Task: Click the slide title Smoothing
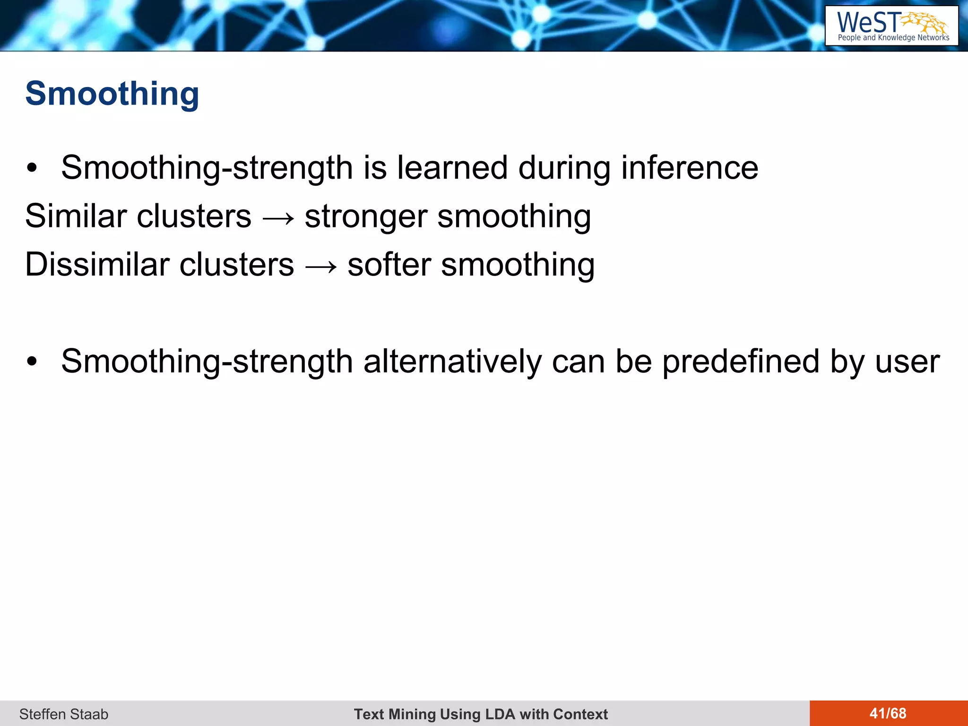pyautogui.click(x=112, y=94)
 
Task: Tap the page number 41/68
pyautogui.click(x=888, y=713)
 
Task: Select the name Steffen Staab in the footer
pyautogui.click(x=64, y=714)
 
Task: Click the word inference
pyautogui.click(x=690, y=168)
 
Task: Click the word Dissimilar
pyautogui.click(x=97, y=265)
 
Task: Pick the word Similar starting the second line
pyautogui.click(x=75, y=216)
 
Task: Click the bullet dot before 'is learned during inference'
pyautogui.click(x=32, y=168)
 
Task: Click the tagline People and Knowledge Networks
pyautogui.click(x=893, y=38)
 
